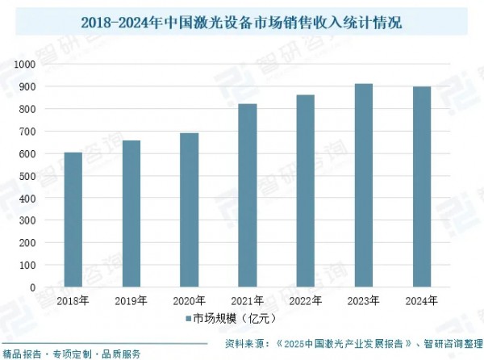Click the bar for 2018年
click(x=73, y=220)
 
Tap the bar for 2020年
click(x=189, y=210)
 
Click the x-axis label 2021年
click(x=248, y=301)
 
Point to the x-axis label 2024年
click(x=422, y=301)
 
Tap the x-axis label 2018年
click(x=73, y=301)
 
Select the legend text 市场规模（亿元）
click(x=234, y=319)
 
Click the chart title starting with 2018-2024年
click(x=242, y=22)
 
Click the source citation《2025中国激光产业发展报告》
click(x=342, y=343)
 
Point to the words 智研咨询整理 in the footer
click(x=449, y=343)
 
